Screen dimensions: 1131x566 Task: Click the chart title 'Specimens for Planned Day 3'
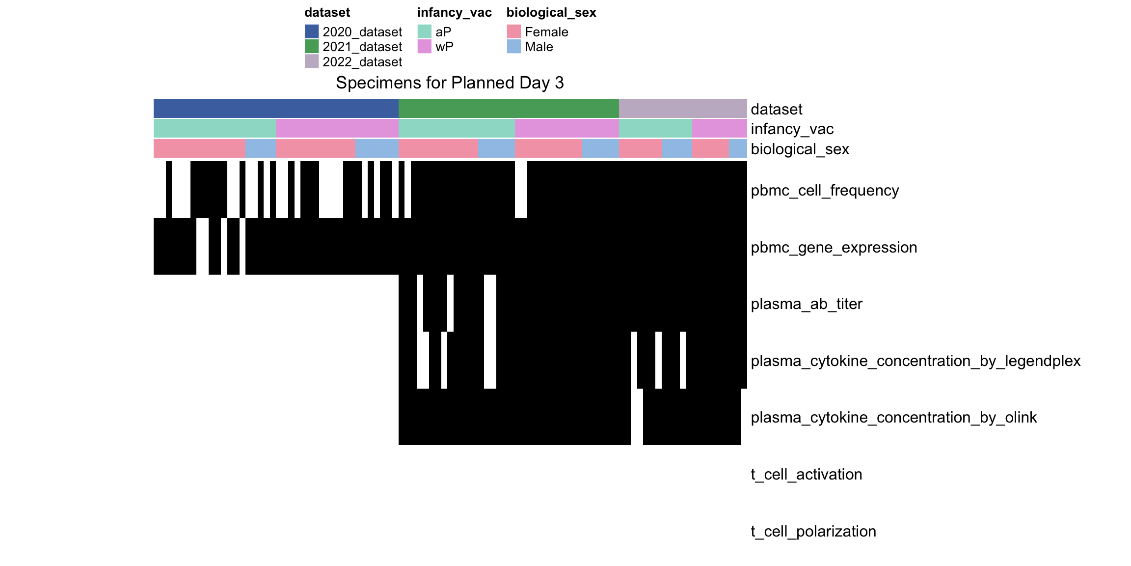(450, 83)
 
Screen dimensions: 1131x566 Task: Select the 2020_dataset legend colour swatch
(312, 31)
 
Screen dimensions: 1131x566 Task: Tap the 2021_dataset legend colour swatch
(312, 46)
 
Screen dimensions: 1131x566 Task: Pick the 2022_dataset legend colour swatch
(312, 61)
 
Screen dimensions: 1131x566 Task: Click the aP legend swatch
(425, 31)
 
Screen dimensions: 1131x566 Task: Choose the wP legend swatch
(425, 46)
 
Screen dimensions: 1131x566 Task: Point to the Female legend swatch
(514, 31)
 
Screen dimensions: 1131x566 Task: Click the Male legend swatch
(514, 46)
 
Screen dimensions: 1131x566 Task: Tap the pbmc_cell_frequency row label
(825, 190)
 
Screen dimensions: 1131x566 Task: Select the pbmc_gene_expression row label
(834, 247)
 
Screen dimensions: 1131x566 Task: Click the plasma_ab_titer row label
(807, 304)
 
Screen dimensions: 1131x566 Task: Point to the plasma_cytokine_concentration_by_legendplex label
(916, 361)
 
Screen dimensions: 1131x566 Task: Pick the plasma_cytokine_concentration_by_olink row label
(893, 417)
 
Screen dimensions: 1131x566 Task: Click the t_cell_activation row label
(807, 474)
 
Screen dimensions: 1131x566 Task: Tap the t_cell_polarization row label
(813, 531)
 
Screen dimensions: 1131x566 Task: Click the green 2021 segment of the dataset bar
(509, 109)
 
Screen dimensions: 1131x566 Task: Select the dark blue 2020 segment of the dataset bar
(276, 109)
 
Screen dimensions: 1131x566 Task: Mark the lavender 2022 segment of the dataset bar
(683, 109)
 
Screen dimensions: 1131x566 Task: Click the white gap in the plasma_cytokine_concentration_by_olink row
(637, 417)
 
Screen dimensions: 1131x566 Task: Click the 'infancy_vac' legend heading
(454, 13)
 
